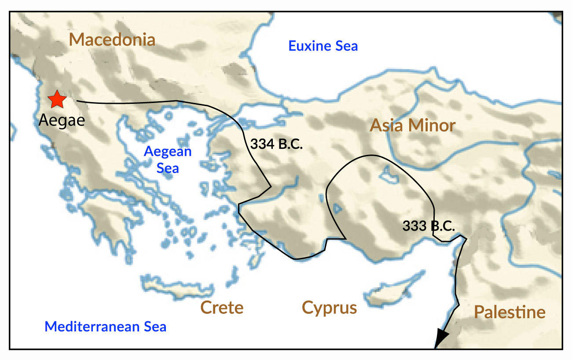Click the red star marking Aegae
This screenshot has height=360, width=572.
point(57,99)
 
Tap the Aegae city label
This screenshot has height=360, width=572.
point(62,120)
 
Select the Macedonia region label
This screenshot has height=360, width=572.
point(112,40)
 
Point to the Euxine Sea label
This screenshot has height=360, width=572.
point(323,46)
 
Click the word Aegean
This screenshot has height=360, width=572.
point(168,151)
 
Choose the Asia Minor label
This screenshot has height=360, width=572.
point(412,125)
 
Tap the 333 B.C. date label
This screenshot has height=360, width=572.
point(429,226)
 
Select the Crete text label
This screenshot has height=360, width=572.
point(222,308)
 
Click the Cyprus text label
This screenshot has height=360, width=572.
point(329,308)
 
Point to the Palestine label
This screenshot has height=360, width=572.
point(510,313)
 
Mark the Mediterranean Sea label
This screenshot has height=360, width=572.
point(106,327)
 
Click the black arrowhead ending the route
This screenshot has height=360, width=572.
point(441,340)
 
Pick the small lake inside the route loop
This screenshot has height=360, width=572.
point(389,175)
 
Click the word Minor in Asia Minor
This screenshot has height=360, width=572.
point(433,125)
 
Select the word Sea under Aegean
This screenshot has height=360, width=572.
point(168,167)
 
